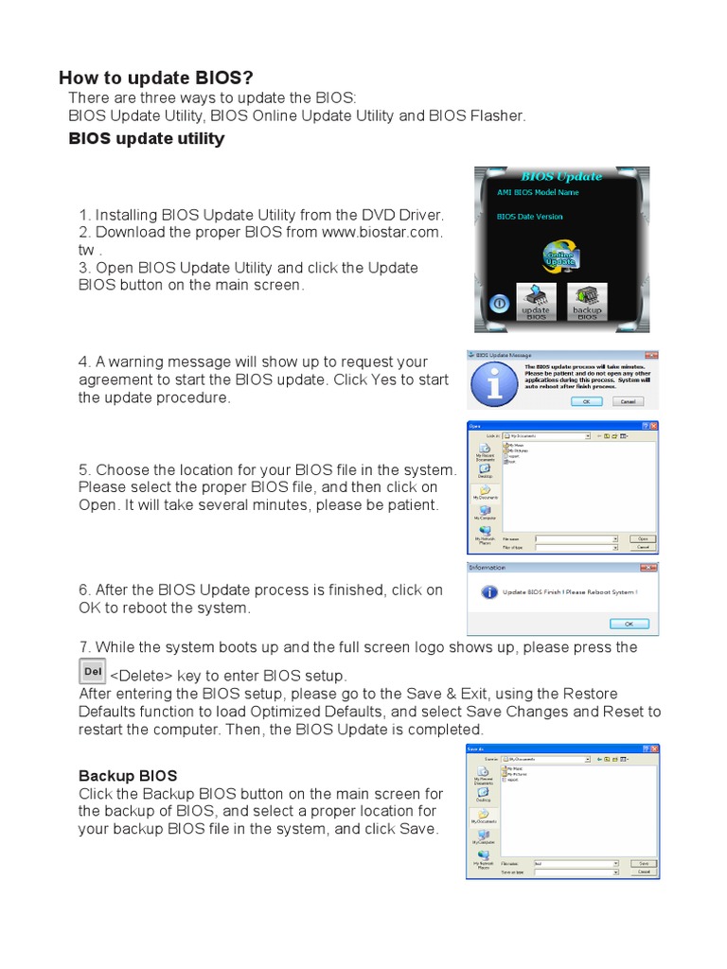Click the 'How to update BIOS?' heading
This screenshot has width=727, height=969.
(155, 78)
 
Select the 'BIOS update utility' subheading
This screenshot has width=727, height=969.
(147, 139)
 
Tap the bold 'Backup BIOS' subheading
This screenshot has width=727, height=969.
(127, 776)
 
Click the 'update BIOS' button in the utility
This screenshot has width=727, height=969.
(535, 301)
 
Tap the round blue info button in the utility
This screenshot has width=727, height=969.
(498, 304)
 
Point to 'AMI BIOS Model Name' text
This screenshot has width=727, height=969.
(538, 192)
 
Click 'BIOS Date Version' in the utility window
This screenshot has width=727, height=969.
(529, 217)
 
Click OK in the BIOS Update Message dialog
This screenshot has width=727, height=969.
(586, 400)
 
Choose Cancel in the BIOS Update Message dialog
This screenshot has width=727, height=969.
(626, 400)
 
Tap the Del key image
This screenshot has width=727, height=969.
(92, 671)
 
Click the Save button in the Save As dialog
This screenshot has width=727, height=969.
(643, 863)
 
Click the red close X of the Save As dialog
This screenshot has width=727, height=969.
(653, 749)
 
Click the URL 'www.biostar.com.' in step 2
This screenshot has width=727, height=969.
(382, 232)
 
